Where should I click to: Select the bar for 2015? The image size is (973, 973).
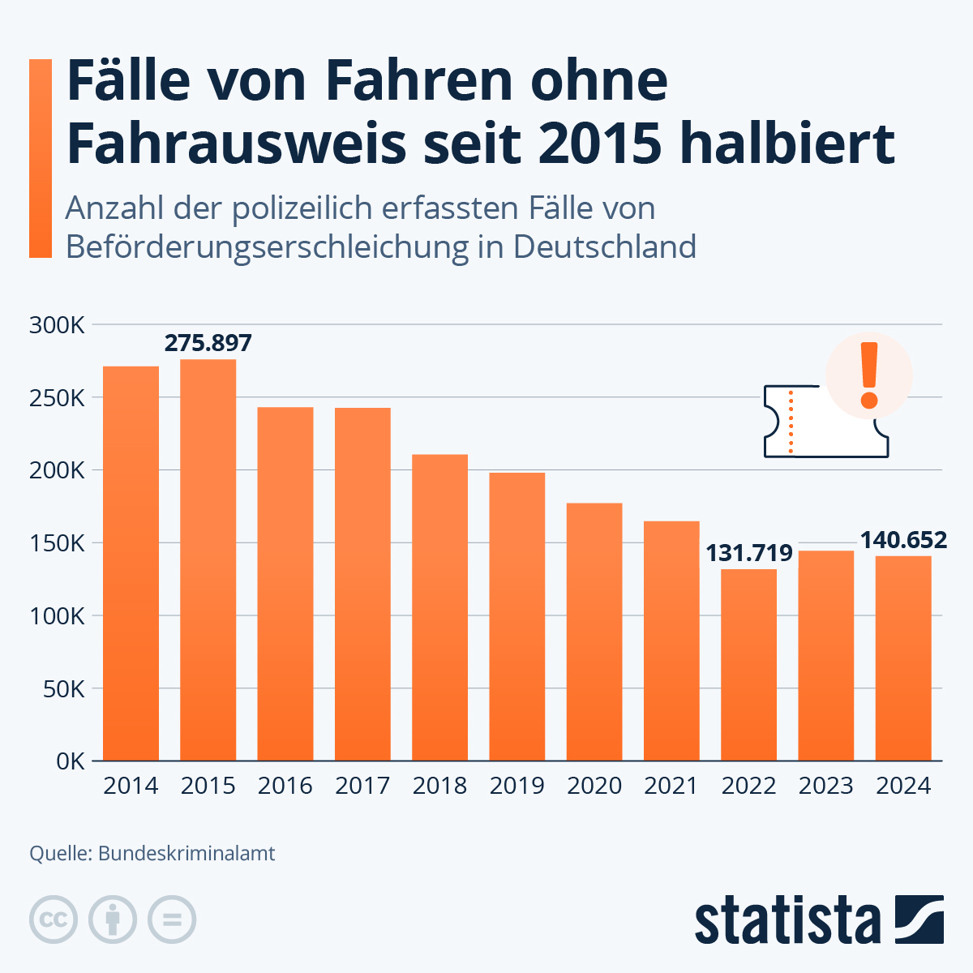pos(208,559)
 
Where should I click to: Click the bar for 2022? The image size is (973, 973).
pos(748,665)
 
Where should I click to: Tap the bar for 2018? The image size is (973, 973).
pos(439,607)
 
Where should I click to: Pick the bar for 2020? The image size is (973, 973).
pos(594,632)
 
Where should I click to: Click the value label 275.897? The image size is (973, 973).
pos(208,343)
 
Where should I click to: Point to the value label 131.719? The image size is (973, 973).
pos(748,553)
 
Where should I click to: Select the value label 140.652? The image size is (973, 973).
pos(903,540)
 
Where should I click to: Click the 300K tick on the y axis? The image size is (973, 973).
pos(57,326)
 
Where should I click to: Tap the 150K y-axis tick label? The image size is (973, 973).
pos(57,543)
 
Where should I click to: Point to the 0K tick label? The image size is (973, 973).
pos(68,761)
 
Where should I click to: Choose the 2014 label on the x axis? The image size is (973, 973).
pos(131,786)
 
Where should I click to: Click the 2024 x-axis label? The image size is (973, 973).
pos(903,786)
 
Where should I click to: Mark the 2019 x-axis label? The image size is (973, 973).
pos(517,786)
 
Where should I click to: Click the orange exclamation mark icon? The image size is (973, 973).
pos(869,375)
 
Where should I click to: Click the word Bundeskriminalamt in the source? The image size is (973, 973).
pos(186,854)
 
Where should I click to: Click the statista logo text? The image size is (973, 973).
pos(787,920)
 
